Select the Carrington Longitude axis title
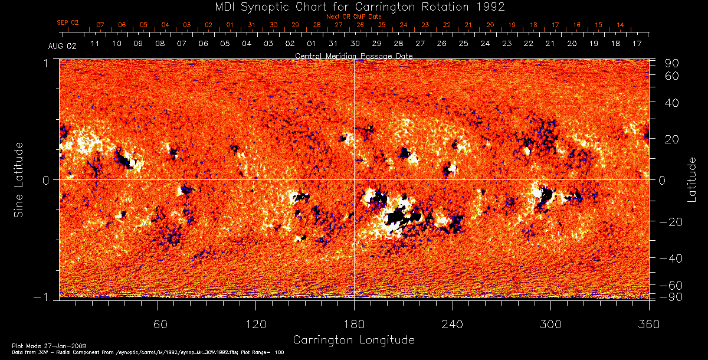click(x=353, y=340)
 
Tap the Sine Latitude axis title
click(x=18, y=179)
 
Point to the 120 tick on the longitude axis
click(x=255, y=324)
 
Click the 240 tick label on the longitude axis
click(x=452, y=324)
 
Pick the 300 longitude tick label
click(x=550, y=324)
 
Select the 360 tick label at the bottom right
click(x=648, y=324)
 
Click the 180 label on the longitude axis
click(x=354, y=324)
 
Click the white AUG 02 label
click(x=60, y=45)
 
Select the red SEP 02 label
click(x=68, y=22)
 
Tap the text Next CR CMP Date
click(x=354, y=17)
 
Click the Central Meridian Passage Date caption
click(x=353, y=55)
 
